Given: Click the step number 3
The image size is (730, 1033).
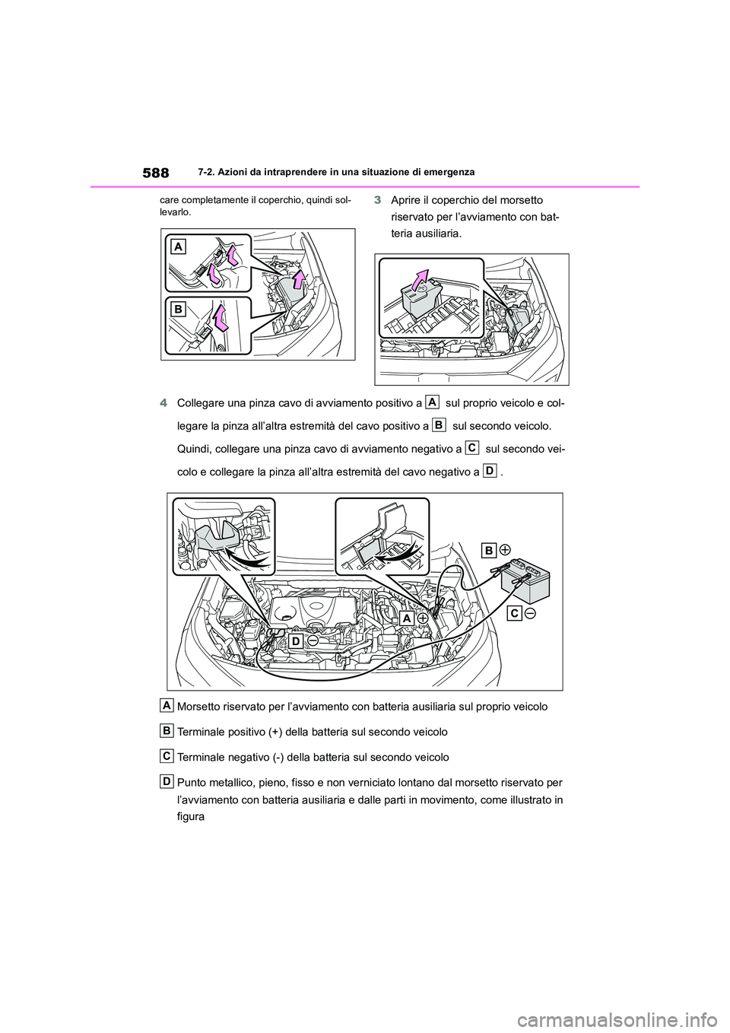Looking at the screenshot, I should pyautogui.click(x=378, y=200).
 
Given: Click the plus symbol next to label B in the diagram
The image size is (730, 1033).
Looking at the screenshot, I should pyautogui.click(x=505, y=549).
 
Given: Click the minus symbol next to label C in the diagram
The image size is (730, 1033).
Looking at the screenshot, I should pyautogui.click(x=531, y=614).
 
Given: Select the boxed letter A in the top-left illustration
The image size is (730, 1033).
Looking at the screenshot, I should pyautogui.click(x=177, y=246).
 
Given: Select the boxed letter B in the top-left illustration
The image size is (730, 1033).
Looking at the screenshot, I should pyautogui.click(x=177, y=310).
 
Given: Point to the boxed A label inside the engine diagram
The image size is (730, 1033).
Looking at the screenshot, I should pyautogui.click(x=408, y=620).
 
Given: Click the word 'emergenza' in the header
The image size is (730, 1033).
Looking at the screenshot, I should pyautogui.click(x=448, y=173).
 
